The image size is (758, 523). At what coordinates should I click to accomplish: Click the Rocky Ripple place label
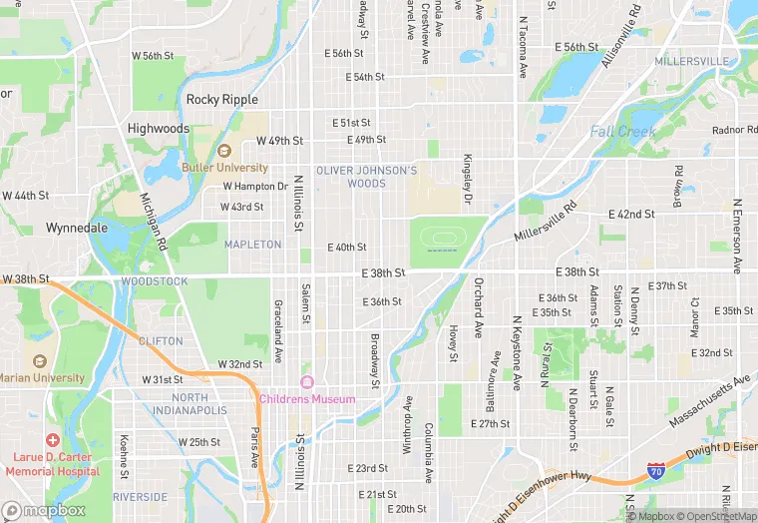tap(221, 100)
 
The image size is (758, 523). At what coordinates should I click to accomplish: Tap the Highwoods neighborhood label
tap(159, 129)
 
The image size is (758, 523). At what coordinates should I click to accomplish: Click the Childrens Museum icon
tap(307, 383)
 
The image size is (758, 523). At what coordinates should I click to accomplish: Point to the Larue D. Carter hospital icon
tap(52, 440)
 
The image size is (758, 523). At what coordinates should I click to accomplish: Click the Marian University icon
tap(39, 361)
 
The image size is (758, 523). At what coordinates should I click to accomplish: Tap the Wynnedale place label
tap(77, 228)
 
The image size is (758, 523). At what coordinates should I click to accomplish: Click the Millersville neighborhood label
tap(691, 62)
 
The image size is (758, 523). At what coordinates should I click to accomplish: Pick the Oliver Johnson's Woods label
tap(366, 177)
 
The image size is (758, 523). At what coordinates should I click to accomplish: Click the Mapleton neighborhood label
tap(252, 245)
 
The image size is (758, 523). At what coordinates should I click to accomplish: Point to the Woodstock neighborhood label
tap(154, 281)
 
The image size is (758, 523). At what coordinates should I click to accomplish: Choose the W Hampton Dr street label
tap(255, 187)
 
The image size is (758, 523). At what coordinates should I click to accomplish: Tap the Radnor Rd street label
tap(735, 131)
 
